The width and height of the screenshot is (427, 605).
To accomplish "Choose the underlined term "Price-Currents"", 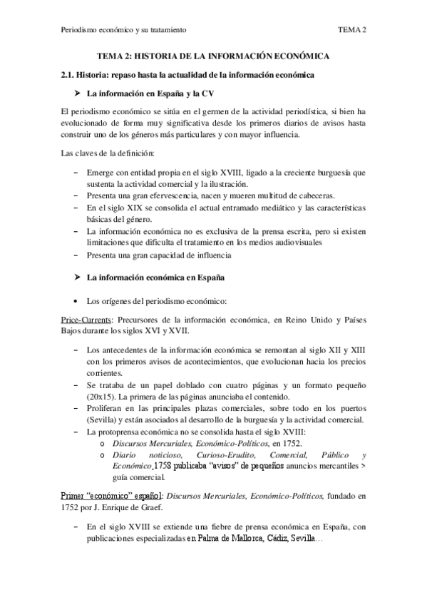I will tap(87, 321).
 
